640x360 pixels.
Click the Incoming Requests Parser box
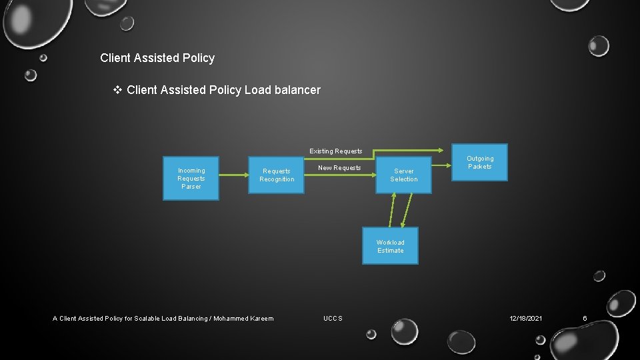point(191,179)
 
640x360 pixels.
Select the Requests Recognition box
point(276,175)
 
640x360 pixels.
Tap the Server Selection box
point(403,175)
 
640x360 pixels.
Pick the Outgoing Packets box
point(479,163)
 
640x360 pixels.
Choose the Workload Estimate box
point(390,247)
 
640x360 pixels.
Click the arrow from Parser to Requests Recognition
point(233,175)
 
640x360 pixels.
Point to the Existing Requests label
point(335,151)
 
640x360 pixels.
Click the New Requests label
point(339,168)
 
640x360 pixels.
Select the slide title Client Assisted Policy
point(157,58)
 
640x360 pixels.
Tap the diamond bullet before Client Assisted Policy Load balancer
point(118,89)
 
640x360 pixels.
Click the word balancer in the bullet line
point(297,90)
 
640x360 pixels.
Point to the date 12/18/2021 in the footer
point(525,319)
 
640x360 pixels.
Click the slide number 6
point(585,319)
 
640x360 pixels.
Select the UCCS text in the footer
point(333,319)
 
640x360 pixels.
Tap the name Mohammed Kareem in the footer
point(243,319)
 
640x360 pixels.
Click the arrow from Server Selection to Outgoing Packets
point(441,164)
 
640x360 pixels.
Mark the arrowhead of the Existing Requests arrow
point(446,149)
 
